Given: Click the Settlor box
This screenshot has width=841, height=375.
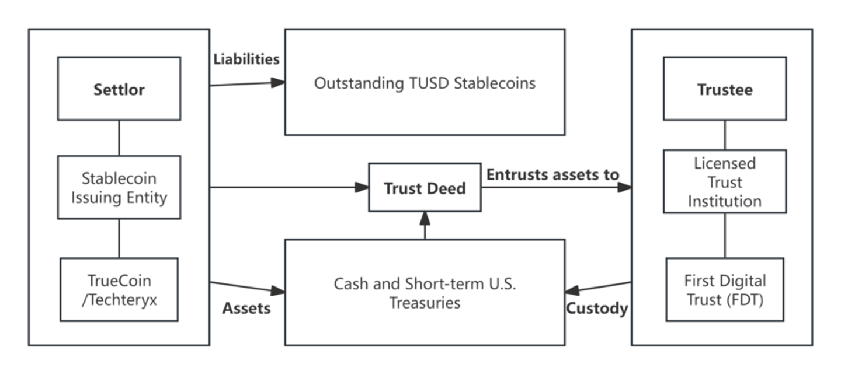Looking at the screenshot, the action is coord(119,89).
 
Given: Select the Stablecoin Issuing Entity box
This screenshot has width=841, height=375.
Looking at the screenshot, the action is coord(119,188).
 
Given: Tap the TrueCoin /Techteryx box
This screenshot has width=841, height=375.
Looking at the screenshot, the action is coord(119,289).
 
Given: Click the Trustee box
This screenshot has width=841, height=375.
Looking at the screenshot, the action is coord(725,89).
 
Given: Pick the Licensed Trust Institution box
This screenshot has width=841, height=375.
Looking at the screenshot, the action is coord(725,182).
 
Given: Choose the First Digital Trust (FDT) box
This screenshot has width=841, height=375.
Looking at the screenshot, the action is coord(725,289).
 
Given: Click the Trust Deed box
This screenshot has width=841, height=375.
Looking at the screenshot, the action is coord(425,188).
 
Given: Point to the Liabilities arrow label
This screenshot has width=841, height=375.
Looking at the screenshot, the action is coord(246,59).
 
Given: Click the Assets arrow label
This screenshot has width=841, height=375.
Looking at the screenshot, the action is coord(246,309).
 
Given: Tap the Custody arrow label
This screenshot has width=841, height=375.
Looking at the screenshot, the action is coord(597,309).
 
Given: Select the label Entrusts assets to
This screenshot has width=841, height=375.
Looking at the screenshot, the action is coord(552,175).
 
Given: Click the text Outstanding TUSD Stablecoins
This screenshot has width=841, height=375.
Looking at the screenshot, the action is coord(425,83).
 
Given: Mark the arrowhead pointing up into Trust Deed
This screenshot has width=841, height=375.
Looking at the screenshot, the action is coord(425,219).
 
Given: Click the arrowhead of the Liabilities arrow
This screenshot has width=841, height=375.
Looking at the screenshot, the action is coord(278,82).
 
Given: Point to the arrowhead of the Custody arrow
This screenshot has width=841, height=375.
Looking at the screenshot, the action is coord(572,290).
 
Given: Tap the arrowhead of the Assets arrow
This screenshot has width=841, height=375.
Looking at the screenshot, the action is coord(278,290).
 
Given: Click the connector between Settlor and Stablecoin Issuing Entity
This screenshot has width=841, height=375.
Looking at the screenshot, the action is coord(119,138).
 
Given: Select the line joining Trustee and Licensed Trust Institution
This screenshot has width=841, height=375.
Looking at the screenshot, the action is coord(725,135).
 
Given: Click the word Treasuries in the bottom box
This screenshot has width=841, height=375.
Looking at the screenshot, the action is coord(425,303).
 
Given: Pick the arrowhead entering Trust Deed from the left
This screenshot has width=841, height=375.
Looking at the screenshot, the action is coord(362,188).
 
